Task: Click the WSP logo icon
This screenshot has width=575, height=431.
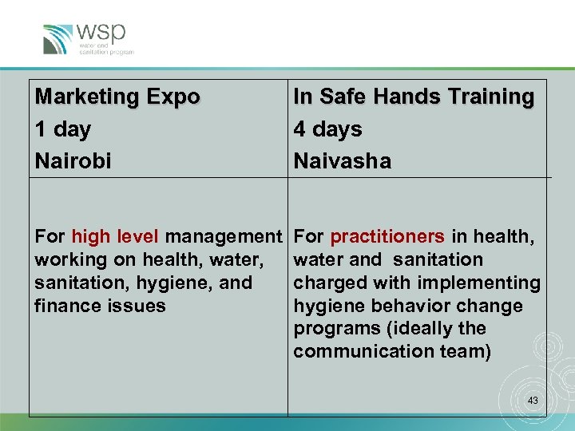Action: (58, 39)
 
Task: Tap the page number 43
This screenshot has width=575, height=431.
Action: (532, 400)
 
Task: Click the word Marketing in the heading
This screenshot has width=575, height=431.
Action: (87, 97)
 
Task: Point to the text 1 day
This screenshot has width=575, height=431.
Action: (63, 129)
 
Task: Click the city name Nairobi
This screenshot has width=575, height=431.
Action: (73, 161)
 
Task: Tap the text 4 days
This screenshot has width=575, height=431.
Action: (327, 129)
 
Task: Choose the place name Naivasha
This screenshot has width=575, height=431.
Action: (342, 161)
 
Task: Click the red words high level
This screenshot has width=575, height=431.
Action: (115, 237)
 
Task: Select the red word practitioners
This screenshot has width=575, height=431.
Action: (387, 237)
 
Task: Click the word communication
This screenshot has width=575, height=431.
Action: (360, 352)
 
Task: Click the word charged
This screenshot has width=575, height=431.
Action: (327, 283)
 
